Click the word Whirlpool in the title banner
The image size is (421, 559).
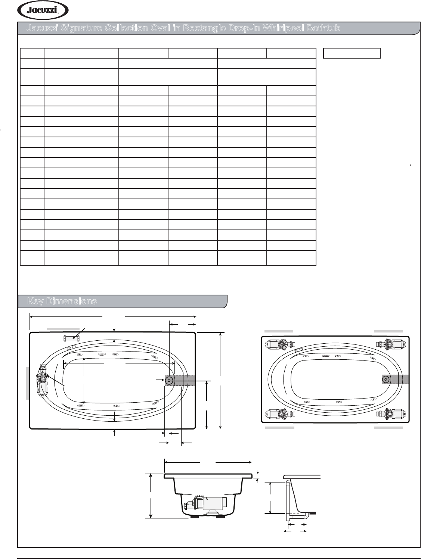(283, 28)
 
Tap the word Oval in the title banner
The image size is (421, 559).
(160, 28)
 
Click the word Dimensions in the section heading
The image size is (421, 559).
(71, 301)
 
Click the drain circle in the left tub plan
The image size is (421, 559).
(169, 381)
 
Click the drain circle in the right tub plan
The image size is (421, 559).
(386, 380)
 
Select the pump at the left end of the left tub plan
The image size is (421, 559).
(43, 381)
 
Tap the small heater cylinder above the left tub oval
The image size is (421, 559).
(71, 339)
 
